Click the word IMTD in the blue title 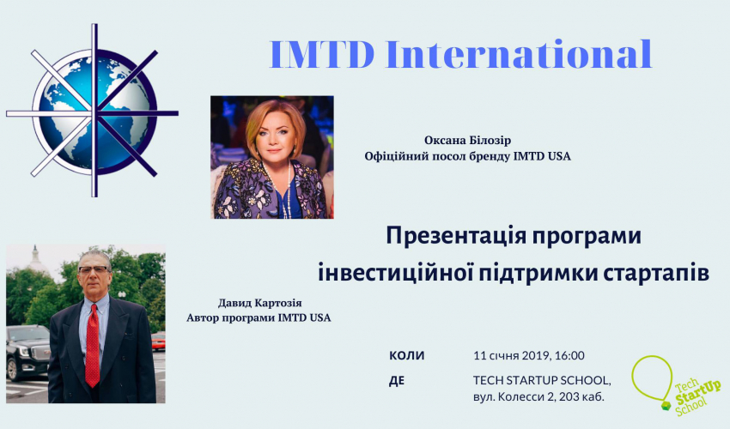(x=322, y=54)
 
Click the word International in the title (x=519, y=54)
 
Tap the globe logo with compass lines (x=92, y=111)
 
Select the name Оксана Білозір (x=467, y=140)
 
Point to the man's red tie (x=92, y=345)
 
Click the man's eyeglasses (x=94, y=269)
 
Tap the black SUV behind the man (x=27, y=351)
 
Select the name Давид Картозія (x=259, y=303)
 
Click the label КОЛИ (x=407, y=356)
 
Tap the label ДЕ (x=397, y=381)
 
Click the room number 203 (x=569, y=397)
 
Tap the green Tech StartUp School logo (x=675, y=384)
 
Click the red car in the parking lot (x=158, y=341)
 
